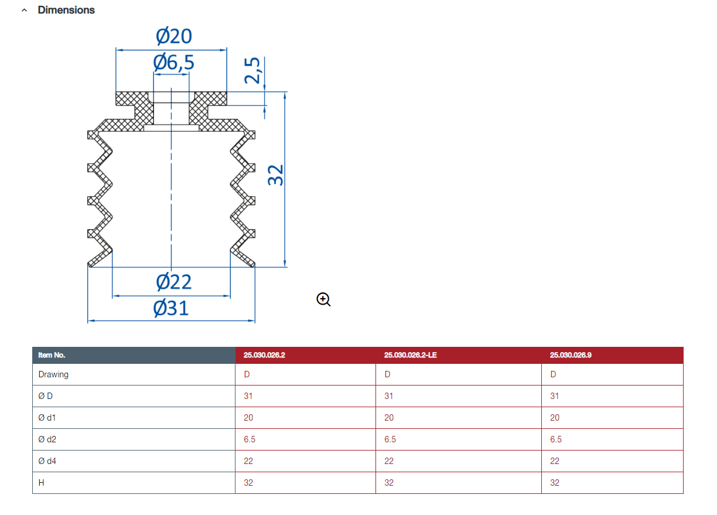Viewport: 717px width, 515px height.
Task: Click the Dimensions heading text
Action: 66,10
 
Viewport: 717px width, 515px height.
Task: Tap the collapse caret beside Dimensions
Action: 25,10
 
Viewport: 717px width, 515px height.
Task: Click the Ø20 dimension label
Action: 174,36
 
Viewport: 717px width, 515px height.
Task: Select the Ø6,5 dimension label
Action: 173,62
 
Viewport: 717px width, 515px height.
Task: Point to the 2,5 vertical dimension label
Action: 252,71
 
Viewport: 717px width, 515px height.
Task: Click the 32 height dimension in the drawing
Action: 275,175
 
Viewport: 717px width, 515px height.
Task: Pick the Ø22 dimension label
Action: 174,282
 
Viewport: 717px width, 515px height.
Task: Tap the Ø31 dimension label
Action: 171,308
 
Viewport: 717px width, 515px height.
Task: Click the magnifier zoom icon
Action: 323,299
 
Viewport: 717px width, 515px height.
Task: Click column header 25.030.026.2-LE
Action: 411,355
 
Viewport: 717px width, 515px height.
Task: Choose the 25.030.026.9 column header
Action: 571,355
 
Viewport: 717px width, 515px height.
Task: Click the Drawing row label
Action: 53,374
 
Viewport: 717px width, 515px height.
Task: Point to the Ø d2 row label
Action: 47,439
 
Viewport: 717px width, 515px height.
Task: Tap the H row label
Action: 41,483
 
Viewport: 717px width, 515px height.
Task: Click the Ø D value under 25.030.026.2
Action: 248,396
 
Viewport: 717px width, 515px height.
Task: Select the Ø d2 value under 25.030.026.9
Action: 556,439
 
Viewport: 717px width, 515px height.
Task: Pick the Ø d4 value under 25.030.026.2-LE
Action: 389,461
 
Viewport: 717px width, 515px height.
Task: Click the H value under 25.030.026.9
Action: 555,483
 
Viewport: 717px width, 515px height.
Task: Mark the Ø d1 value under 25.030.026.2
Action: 248,418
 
